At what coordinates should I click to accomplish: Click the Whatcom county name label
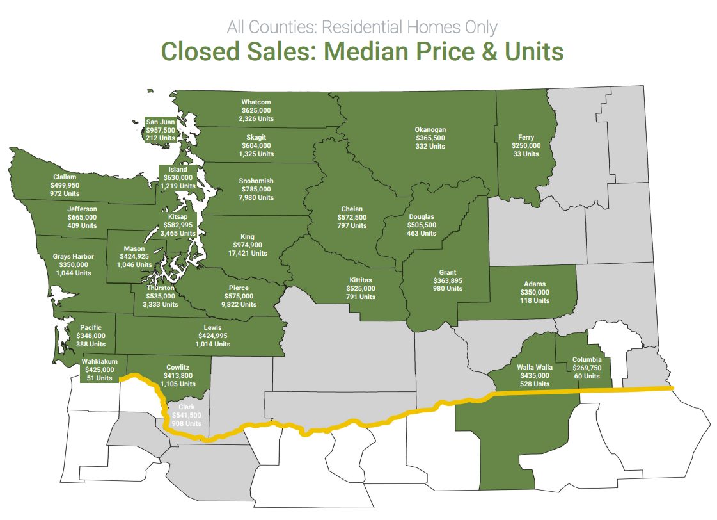(256, 102)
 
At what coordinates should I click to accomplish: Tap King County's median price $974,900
(247, 245)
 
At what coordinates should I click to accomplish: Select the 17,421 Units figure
(247, 253)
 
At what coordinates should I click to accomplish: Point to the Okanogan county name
(430, 129)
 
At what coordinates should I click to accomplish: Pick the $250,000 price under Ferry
(526, 145)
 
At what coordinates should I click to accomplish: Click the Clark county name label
(186, 407)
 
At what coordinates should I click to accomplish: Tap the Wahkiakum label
(99, 361)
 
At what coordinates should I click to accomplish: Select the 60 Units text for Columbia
(587, 376)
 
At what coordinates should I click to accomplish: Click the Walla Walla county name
(534, 367)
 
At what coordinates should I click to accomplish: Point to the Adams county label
(535, 284)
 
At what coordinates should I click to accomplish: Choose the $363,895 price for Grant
(447, 280)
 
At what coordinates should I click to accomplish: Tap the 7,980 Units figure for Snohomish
(256, 197)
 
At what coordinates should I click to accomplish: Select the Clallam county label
(65, 177)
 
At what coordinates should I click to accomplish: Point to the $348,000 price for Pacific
(90, 336)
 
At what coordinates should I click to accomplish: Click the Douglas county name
(421, 217)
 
